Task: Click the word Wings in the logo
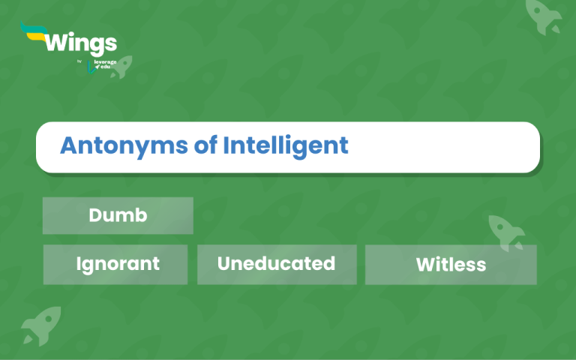tap(81, 44)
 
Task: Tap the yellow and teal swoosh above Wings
tap(34, 31)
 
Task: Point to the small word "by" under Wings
tap(79, 61)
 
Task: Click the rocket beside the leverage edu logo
tap(122, 67)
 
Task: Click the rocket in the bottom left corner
tap(41, 325)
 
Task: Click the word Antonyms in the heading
tap(124, 145)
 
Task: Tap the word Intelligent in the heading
tap(286, 145)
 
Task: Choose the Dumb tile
tap(118, 216)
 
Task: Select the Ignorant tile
tap(115, 265)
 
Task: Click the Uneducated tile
tap(277, 265)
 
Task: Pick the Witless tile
tap(451, 265)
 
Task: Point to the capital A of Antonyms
tap(70, 145)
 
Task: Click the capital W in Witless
tap(426, 265)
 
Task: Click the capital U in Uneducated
tap(223, 263)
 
